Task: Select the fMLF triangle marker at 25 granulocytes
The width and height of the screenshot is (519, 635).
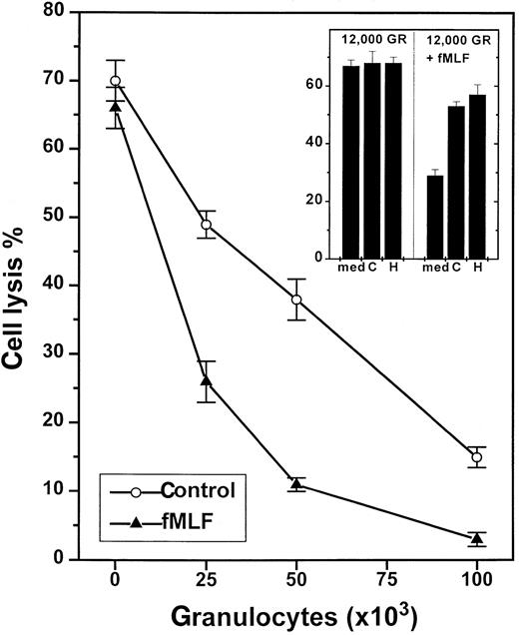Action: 207,381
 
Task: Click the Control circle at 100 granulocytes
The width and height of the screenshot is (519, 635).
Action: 477,457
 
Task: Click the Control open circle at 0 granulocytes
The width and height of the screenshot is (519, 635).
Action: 116,81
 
